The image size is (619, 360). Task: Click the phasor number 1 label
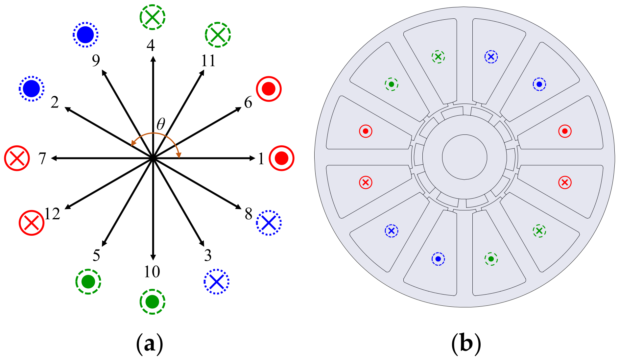coord(261,158)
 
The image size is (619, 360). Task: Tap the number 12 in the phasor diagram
coord(52,214)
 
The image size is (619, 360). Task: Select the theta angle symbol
coord(161,124)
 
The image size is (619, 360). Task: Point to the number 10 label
coord(152,272)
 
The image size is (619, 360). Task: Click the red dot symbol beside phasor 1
coord(281,158)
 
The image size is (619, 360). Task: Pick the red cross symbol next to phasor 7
coord(17,158)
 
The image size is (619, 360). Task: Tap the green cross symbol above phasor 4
coord(152,17)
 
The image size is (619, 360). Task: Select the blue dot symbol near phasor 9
coord(85,35)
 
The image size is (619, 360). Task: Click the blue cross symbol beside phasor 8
coord(269,223)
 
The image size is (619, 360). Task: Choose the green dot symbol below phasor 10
coord(152,302)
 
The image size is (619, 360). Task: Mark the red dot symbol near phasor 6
coord(269,89)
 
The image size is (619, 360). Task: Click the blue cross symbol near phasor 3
coord(216,282)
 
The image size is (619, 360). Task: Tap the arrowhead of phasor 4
coord(153,59)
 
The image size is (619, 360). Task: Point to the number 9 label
coord(96,60)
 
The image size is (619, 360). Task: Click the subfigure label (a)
coord(150,344)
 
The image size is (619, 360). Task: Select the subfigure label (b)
coord(466,344)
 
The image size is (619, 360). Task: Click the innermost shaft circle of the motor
coord(464,157)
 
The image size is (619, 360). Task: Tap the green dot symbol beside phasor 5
coord(88,282)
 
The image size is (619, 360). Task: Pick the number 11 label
coord(208,60)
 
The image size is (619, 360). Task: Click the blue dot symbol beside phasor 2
coord(32,89)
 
